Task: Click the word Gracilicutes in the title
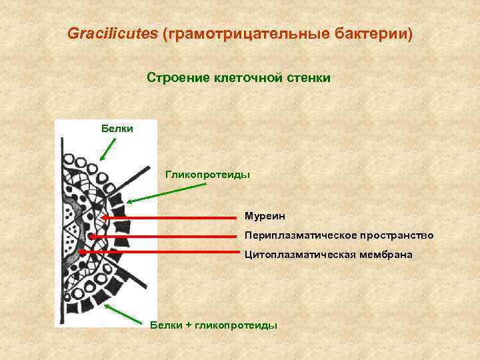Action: pos(113,33)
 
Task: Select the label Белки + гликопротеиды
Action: pos(213,324)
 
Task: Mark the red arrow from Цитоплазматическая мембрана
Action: pos(160,253)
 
